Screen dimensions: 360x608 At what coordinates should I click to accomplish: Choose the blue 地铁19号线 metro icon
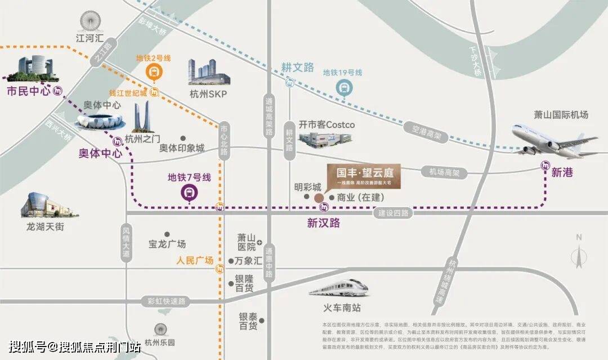[343, 87]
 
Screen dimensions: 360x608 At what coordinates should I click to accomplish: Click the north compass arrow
[578, 255]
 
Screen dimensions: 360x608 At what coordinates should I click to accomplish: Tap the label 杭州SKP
[208, 94]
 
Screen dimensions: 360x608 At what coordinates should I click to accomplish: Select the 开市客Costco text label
[327, 125]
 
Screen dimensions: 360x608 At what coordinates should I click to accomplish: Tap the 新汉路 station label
[324, 223]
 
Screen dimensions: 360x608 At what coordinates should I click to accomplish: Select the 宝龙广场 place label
[167, 244]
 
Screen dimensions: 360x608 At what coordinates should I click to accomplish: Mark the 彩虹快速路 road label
[166, 301]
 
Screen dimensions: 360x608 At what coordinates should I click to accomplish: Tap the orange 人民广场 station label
[194, 260]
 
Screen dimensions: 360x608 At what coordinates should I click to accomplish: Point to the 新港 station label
[562, 172]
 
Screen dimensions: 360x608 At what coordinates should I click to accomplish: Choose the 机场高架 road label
[444, 172]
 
